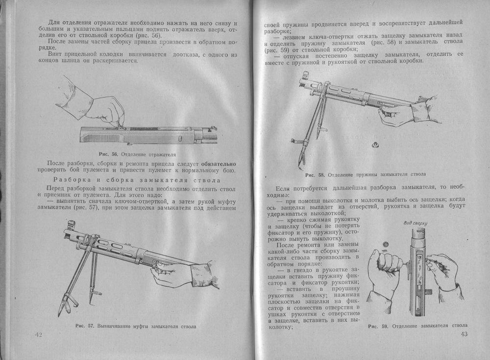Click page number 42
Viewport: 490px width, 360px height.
(39, 334)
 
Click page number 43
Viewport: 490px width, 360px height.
(465, 334)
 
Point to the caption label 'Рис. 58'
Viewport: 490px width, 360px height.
(313, 174)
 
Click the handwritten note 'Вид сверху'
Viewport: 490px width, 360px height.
(415, 224)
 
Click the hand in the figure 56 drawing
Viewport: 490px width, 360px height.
(110, 110)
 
